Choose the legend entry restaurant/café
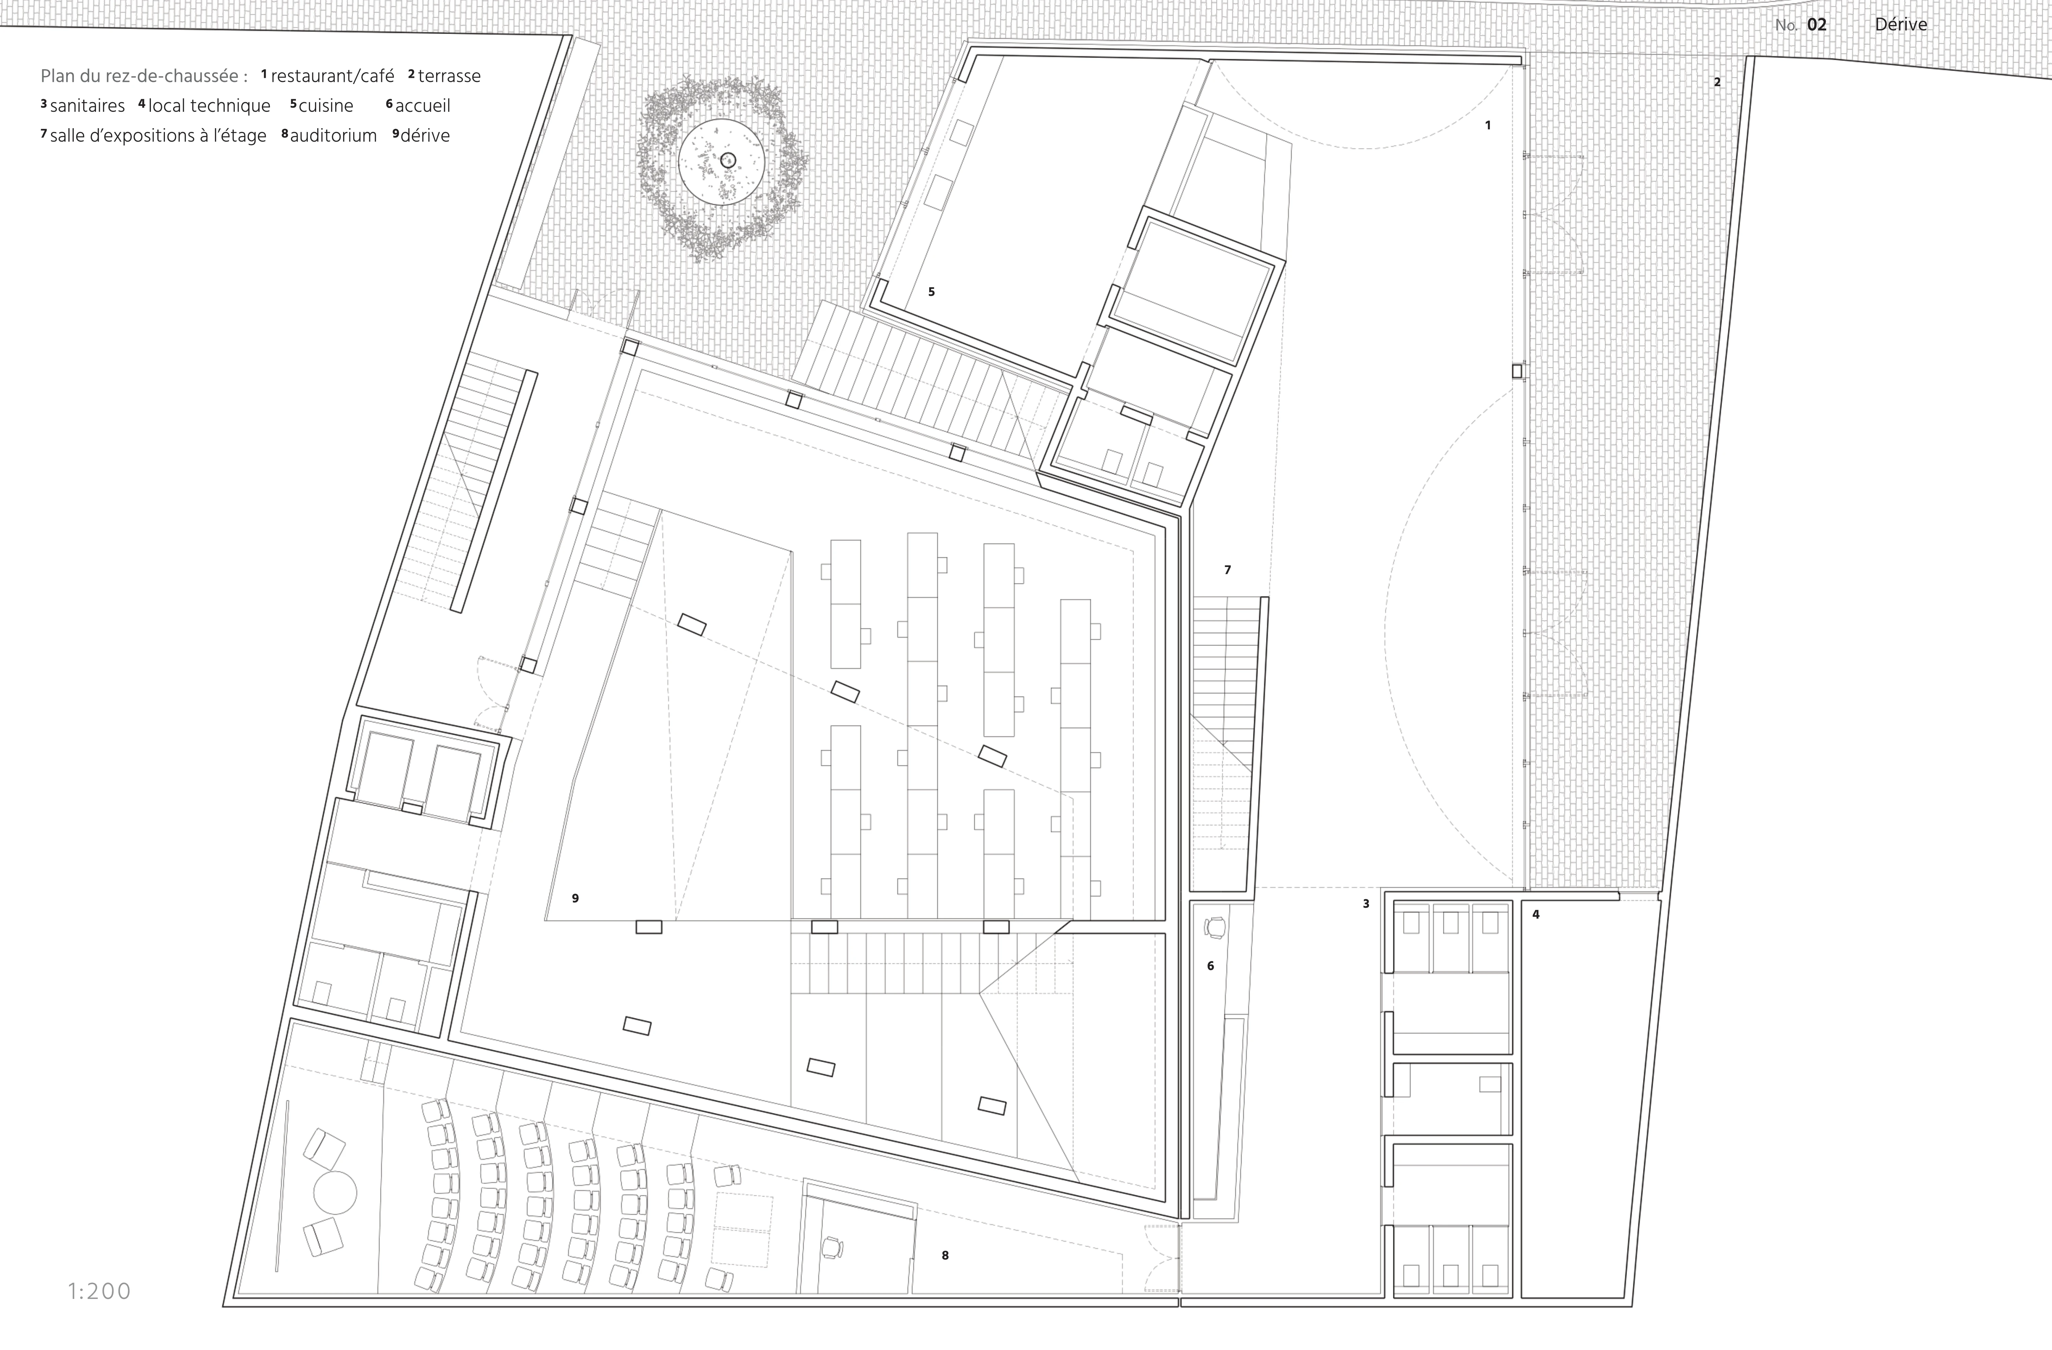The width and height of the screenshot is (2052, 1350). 332,76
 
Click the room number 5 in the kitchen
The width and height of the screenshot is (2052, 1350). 931,291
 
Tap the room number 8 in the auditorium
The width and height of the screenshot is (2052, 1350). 945,1255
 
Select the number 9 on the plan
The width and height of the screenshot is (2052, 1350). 575,898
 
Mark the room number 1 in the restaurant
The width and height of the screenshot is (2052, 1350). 1487,125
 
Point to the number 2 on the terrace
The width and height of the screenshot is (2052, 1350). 1717,82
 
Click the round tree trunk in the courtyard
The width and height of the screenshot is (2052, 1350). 727,159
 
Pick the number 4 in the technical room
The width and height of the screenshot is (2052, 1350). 1536,914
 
